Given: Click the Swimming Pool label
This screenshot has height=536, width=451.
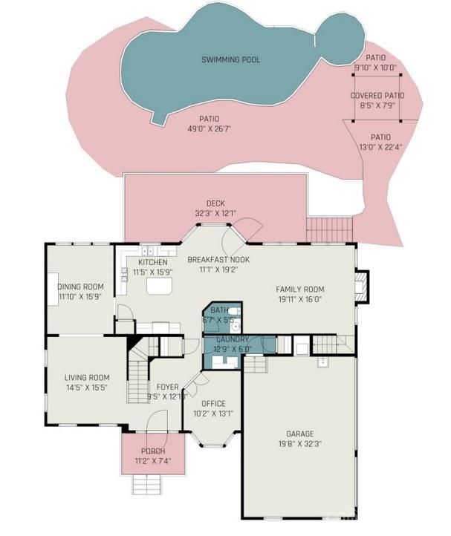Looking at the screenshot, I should point(231,59).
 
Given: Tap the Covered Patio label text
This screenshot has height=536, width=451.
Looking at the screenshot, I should point(377,96).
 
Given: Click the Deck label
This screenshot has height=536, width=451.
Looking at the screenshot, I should point(215,203).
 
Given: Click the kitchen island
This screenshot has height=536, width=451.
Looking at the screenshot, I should point(158,284).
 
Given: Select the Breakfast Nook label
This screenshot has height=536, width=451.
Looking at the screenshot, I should point(218,260).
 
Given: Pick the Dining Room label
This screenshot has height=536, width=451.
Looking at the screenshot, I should point(80,287).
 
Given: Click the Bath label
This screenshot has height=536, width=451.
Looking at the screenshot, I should point(220,310).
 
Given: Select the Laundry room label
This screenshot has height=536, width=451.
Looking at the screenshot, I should point(232,339).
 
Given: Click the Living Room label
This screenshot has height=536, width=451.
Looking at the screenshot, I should point(86,377).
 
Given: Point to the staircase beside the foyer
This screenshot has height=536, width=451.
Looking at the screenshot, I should point(139,376).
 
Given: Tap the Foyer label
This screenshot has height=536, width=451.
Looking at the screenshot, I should point(167,386).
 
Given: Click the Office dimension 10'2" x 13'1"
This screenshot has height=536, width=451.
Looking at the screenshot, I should point(212,414).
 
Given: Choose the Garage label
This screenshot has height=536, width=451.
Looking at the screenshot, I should point(300,434).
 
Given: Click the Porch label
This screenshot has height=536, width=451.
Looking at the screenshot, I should point(152,451).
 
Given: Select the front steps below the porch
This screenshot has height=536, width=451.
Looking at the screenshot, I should point(147,484).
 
